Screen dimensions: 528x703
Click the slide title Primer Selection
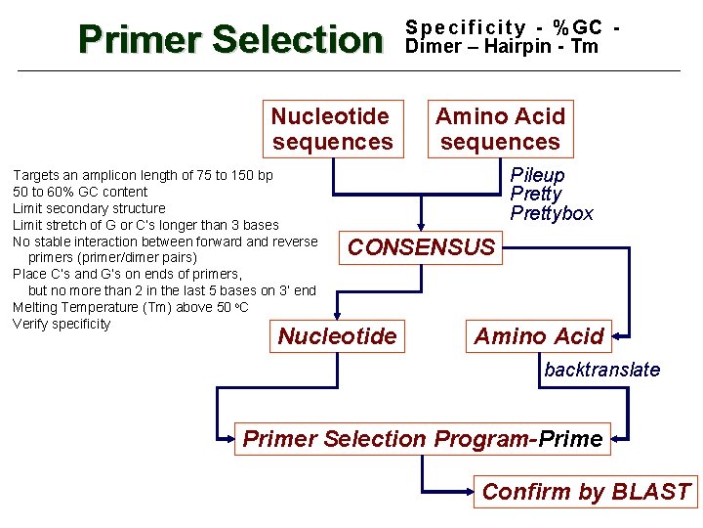pyautogui.click(x=231, y=40)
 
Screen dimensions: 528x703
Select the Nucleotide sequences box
pyautogui.click(x=332, y=128)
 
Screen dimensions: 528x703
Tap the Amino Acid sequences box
pyautogui.click(x=500, y=128)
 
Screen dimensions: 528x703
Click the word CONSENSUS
pyautogui.click(x=422, y=247)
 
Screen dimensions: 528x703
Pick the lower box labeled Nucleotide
pyautogui.click(x=337, y=336)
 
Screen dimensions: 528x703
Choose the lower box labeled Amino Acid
pyautogui.click(x=539, y=336)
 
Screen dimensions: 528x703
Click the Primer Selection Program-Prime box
pyautogui.click(x=422, y=439)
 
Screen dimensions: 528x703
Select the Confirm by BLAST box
pyautogui.click(x=586, y=491)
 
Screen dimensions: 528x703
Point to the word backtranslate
pyautogui.click(x=601, y=370)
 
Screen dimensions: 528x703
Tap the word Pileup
pyautogui.click(x=537, y=175)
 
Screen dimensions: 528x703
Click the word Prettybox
pyautogui.click(x=552, y=212)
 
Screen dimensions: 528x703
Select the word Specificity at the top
pyautogui.click(x=466, y=28)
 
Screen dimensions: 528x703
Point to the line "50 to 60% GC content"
pyautogui.click(x=80, y=192)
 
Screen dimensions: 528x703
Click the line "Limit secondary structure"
pyautogui.click(x=89, y=208)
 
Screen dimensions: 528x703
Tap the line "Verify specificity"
pyautogui.click(x=62, y=324)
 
